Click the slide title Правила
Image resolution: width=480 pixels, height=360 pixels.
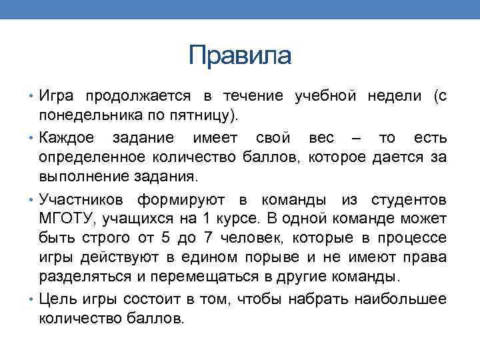click(x=240, y=55)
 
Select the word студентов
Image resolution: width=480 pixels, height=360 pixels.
click(x=409, y=199)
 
